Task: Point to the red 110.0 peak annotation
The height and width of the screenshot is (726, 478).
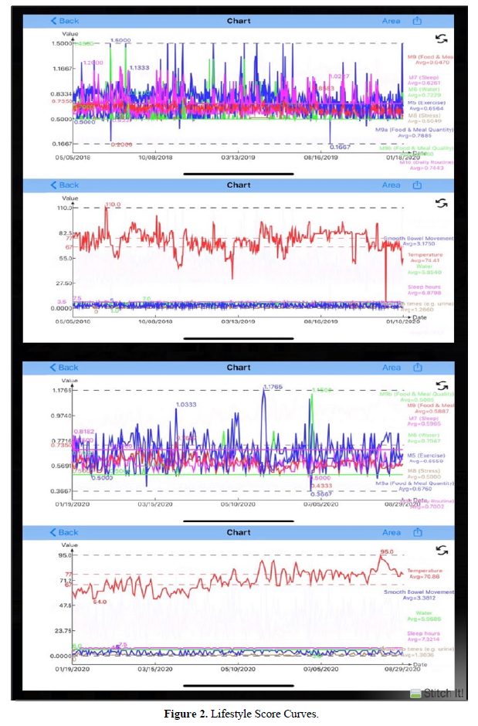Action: click(x=114, y=204)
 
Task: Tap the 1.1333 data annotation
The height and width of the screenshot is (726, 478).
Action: click(x=139, y=68)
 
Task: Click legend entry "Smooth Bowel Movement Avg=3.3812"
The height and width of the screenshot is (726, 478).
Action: click(x=419, y=595)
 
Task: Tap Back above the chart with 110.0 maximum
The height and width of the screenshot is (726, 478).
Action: click(x=65, y=185)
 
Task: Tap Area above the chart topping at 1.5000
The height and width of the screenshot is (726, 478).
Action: click(x=392, y=21)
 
